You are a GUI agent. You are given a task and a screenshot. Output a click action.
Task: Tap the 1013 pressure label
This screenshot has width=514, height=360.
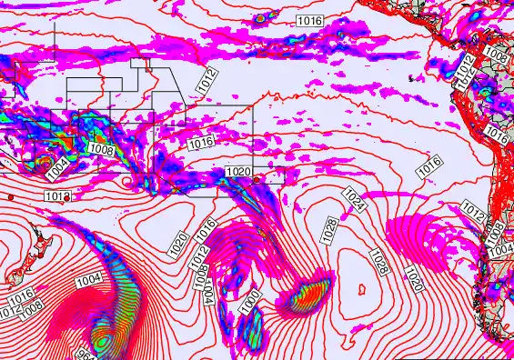tap(56, 195)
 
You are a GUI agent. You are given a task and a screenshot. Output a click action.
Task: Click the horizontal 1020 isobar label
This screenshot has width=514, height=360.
tap(237, 171)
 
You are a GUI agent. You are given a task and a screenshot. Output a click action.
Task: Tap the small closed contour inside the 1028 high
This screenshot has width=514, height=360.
tap(362, 291)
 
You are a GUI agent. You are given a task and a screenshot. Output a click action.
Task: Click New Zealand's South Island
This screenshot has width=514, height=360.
tap(15, 274)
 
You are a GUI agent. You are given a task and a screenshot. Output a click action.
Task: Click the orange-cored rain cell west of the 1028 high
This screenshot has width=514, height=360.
tap(309, 295)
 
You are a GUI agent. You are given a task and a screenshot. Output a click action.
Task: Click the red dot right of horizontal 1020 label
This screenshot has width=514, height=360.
tap(257, 180)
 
